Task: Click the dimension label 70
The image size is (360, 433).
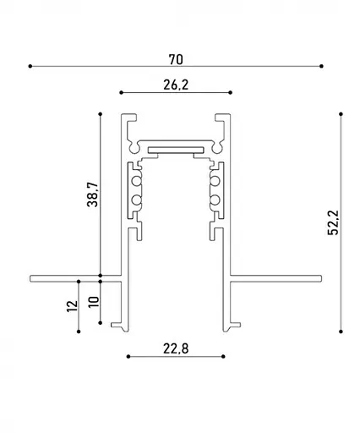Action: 176,59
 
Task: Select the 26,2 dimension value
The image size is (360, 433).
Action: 176,85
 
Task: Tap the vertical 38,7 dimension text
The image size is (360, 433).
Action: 93,195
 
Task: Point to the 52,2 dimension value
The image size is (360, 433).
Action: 334,222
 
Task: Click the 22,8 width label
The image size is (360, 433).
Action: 176,348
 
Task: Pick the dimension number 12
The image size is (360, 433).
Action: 72,306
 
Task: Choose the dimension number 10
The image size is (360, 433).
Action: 94,302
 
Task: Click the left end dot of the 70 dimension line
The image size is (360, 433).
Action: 30,66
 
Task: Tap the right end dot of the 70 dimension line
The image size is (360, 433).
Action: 322,66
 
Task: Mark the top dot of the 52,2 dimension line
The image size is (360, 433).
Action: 341,114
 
